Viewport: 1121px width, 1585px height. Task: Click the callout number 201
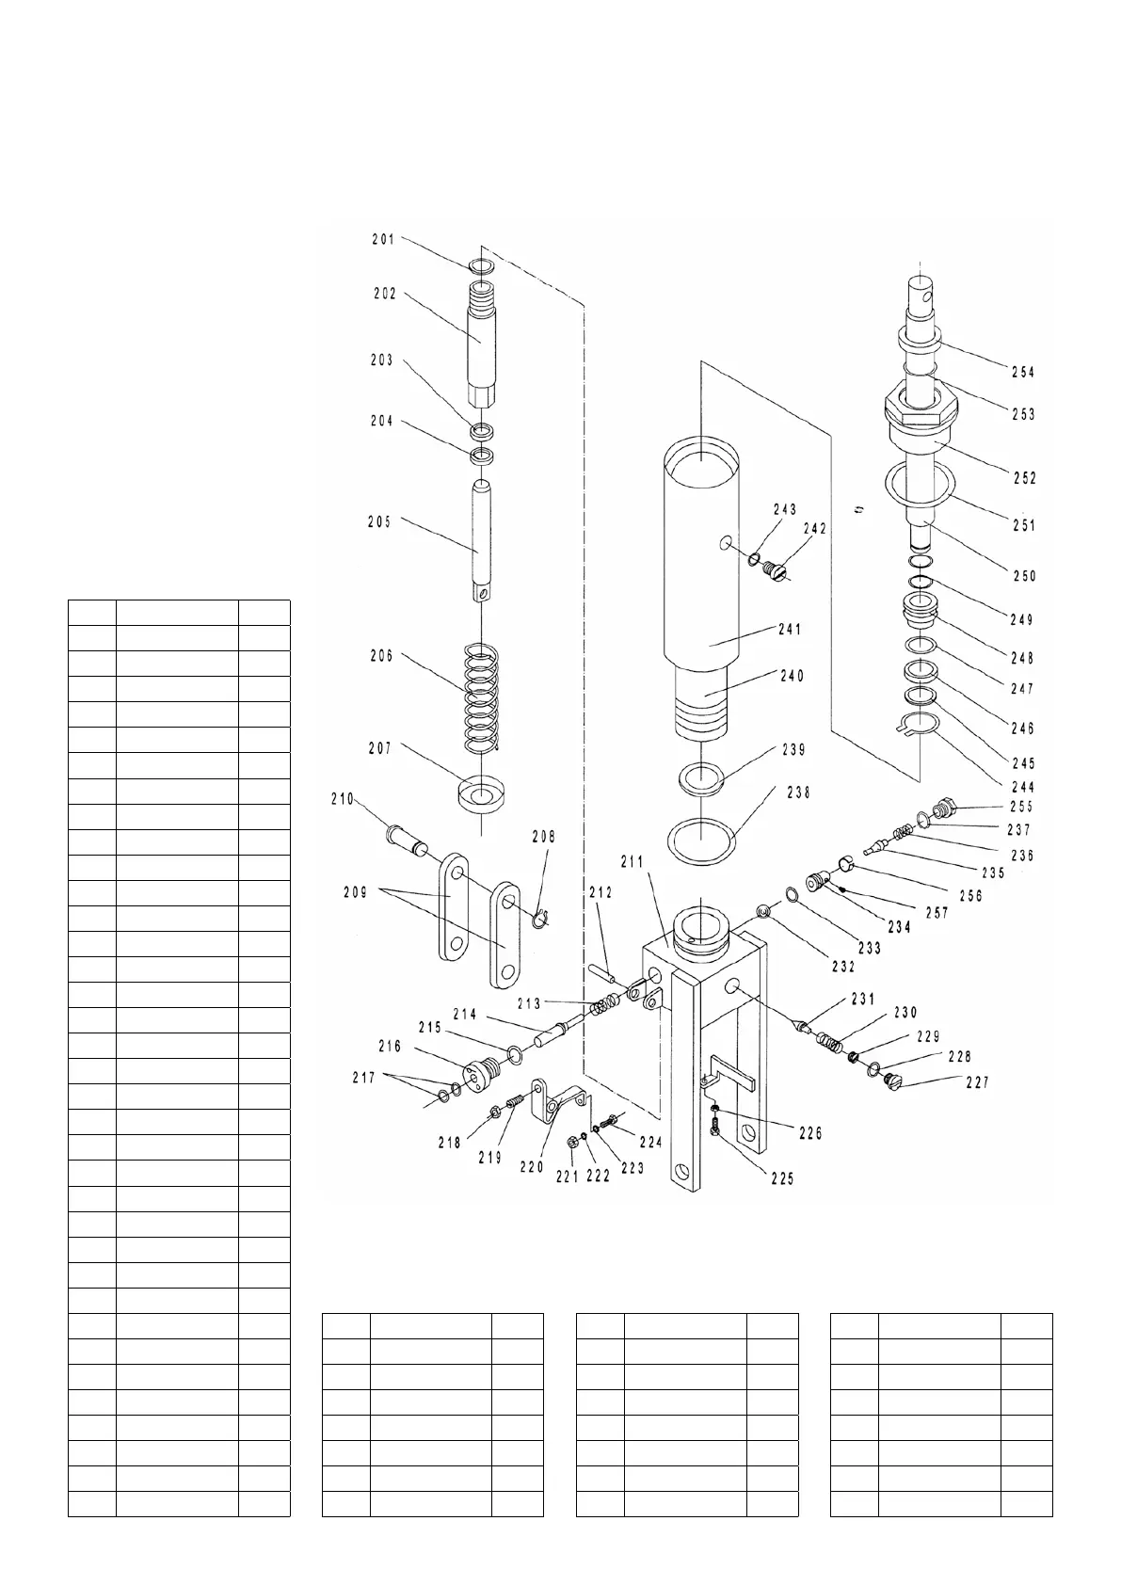click(x=383, y=239)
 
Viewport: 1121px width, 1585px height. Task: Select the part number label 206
click(x=381, y=656)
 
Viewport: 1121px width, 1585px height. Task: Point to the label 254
click(x=1023, y=372)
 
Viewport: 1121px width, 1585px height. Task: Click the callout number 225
click(x=781, y=1177)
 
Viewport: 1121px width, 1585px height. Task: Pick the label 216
click(x=390, y=1046)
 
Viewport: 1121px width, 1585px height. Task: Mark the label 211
click(x=631, y=861)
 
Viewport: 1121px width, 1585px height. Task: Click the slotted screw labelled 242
click(x=774, y=570)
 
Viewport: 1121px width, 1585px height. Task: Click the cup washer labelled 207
click(x=481, y=792)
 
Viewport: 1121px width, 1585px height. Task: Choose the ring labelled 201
click(x=481, y=267)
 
